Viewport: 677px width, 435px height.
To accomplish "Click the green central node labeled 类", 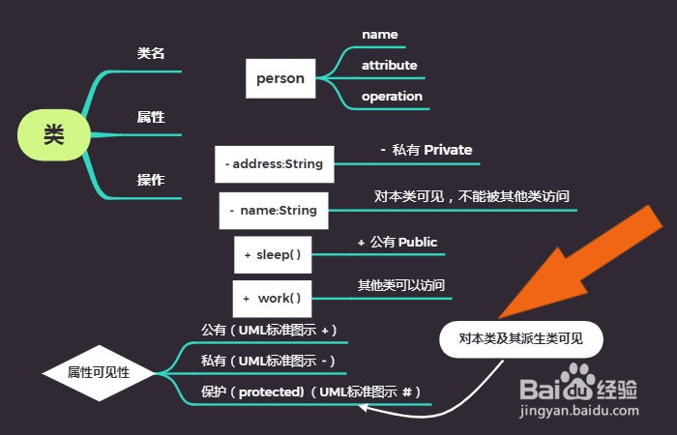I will tap(53, 134).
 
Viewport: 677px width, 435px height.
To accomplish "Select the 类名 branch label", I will tap(151, 53).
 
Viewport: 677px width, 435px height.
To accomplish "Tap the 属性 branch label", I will tap(151, 117).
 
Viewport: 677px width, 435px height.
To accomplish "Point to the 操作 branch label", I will tap(151, 180).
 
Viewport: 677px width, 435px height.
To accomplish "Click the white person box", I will tap(280, 78).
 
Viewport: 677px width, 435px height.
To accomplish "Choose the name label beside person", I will tap(380, 35).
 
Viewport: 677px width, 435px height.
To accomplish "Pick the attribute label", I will tap(390, 66).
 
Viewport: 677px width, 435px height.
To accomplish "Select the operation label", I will tap(392, 97).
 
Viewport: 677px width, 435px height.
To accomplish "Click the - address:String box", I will tap(274, 164).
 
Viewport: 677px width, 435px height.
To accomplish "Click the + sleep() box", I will tap(273, 254).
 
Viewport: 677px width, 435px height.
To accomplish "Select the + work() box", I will tap(273, 298).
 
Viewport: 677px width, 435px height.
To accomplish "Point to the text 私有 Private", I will tap(427, 150).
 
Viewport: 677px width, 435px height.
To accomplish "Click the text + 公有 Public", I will tap(397, 242).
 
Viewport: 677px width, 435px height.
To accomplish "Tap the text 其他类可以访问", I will tap(402, 286).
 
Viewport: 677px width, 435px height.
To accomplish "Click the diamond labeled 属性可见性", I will tap(99, 372).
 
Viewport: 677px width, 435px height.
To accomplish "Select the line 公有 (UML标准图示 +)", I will tap(269, 331).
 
